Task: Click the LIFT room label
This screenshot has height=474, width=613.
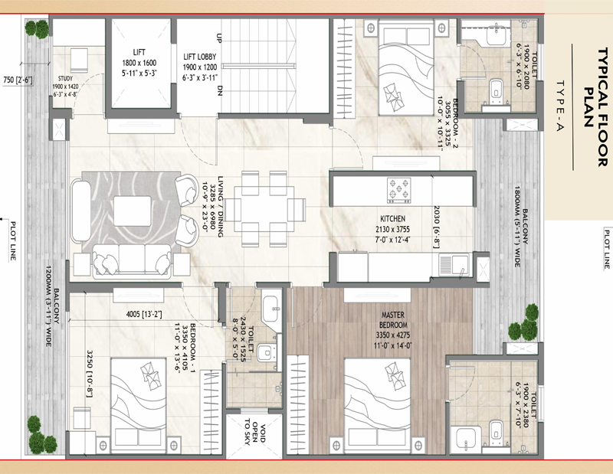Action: tap(139, 52)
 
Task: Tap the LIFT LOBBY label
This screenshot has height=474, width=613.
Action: tap(199, 57)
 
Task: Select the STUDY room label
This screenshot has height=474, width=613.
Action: tap(65, 79)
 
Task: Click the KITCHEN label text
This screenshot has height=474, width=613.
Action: tap(392, 218)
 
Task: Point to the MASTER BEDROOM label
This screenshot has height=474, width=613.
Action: tap(393, 319)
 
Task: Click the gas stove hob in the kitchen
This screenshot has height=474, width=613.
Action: tap(398, 191)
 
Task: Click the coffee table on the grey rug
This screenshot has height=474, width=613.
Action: tap(132, 211)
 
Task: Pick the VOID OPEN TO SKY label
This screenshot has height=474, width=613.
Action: tap(254, 433)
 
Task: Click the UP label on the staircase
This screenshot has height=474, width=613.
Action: tap(219, 38)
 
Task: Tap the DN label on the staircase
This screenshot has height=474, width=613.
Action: tap(219, 90)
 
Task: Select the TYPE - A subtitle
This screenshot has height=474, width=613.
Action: tap(559, 106)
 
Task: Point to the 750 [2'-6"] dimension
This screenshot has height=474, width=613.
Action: tap(18, 80)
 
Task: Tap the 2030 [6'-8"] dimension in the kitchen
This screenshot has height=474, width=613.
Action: tap(437, 227)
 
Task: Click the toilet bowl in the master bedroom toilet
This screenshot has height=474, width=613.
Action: tap(496, 430)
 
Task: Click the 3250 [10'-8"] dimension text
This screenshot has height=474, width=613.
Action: tap(90, 374)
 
